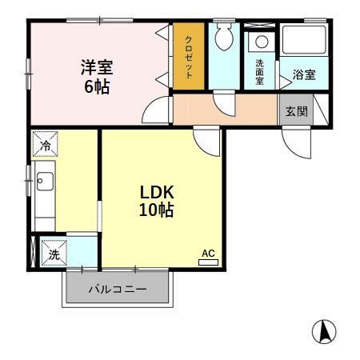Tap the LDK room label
pos(157,193)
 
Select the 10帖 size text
pos(157,211)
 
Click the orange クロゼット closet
pos(189,57)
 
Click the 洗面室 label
pos(260,71)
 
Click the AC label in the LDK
pos(208,254)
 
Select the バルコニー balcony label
pos(117,290)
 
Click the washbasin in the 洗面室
pos(259,42)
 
